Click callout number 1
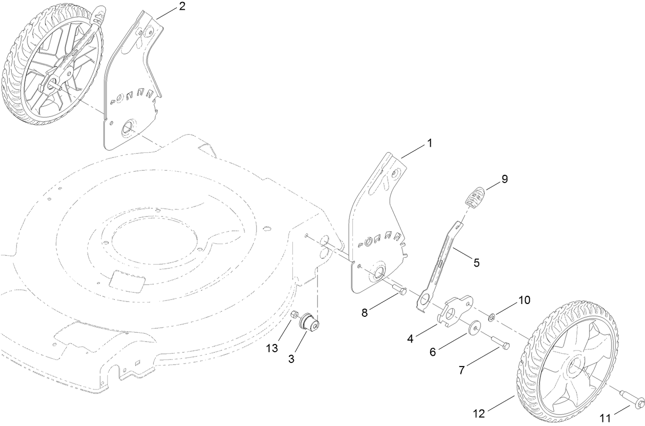pyautogui.click(x=430, y=143)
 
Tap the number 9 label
pyautogui.click(x=505, y=179)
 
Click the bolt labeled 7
pyautogui.click(x=500, y=343)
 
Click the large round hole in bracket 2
pyautogui.click(x=127, y=128)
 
